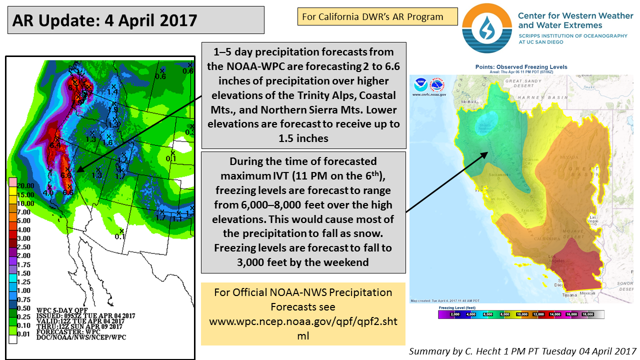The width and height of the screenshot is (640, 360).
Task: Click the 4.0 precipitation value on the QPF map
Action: coord(48,192)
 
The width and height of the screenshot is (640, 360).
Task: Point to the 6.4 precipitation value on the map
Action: coord(55,145)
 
